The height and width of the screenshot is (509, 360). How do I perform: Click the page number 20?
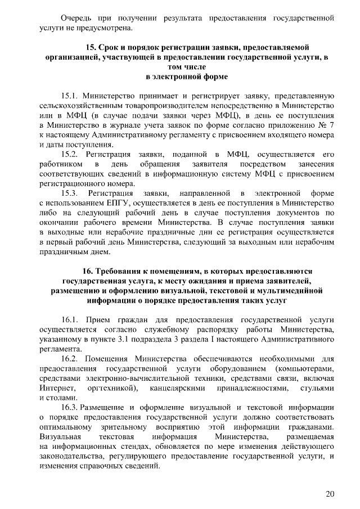coord(330,494)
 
